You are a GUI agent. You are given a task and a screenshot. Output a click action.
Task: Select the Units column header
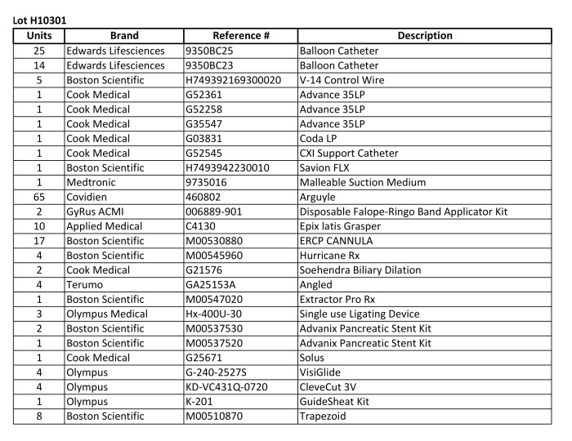(x=39, y=36)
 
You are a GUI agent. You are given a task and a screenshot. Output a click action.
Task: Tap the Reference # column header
(x=240, y=36)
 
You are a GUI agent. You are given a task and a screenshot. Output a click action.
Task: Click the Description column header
(x=424, y=36)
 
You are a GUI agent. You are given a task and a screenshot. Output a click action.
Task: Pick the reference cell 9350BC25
(x=212, y=51)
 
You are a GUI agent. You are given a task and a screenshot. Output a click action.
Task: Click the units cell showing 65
(x=39, y=197)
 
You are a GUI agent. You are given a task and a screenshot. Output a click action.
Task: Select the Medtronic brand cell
(x=93, y=182)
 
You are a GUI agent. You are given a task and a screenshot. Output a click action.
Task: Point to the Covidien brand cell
(x=91, y=197)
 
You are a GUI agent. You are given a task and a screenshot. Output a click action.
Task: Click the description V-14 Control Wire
(x=341, y=80)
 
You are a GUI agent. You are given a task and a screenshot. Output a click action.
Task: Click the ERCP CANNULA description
(x=335, y=241)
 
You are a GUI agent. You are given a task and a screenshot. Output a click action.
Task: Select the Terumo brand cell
(x=86, y=284)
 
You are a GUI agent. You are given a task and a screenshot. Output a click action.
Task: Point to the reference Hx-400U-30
(x=217, y=314)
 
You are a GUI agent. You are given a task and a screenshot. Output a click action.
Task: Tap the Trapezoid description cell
(x=324, y=416)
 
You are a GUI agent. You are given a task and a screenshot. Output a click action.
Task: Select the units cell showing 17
(x=39, y=241)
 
